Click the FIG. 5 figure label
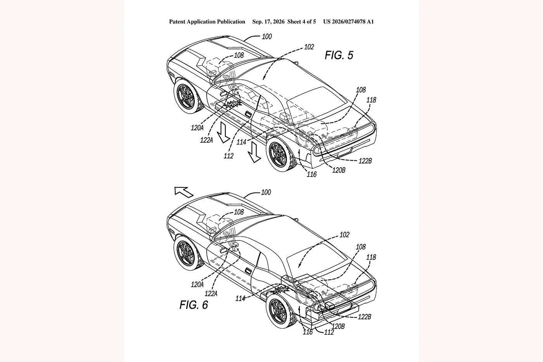(x=339, y=55)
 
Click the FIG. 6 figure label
(x=194, y=305)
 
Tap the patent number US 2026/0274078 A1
(x=348, y=22)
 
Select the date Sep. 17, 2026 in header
(x=268, y=22)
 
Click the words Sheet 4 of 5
(x=302, y=22)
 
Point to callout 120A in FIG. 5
(x=197, y=128)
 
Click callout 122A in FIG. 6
(x=211, y=294)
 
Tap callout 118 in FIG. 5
(x=371, y=100)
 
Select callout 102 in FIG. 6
(x=344, y=235)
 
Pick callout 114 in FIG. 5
(x=241, y=142)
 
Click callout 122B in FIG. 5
(x=365, y=161)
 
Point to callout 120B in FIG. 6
(x=338, y=326)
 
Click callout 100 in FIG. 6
(x=266, y=192)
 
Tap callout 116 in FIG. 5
(x=311, y=174)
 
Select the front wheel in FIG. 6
(x=188, y=253)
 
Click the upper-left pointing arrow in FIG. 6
(x=184, y=192)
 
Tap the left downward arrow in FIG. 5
(x=223, y=133)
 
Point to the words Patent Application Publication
(x=207, y=22)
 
